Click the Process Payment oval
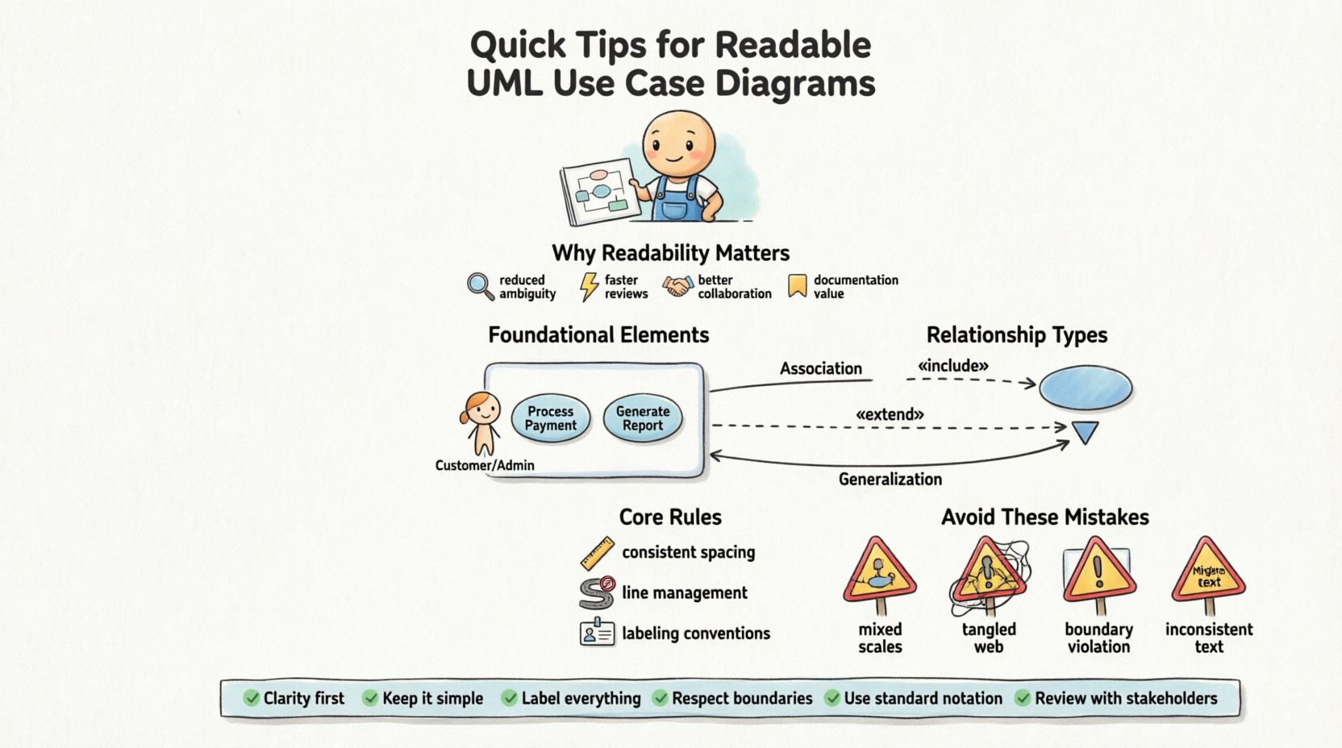click(x=551, y=418)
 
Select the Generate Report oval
click(x=643, y=418)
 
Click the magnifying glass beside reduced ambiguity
click(x=480, y=286)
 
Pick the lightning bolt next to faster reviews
click(x=590, y=286)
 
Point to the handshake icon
click(x=677, y=286)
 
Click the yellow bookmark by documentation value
click(x=798, y=286)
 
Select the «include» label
click(x=952, y=366)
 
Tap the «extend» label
click(x=890, y=414)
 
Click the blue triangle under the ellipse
click(x=1085, y=433)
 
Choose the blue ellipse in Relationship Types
click(x=1086, y=388)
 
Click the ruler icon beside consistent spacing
click(x=598, y=554)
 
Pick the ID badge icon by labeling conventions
click(x=598, y=633)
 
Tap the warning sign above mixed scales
click(x=879, y=572)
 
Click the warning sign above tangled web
click(x=988, y=572)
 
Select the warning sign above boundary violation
click(x=1098, y=572)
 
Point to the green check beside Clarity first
click(x=252, y=698)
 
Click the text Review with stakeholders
click(x=1126, y=698)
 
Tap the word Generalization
click(x=890, y=480)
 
